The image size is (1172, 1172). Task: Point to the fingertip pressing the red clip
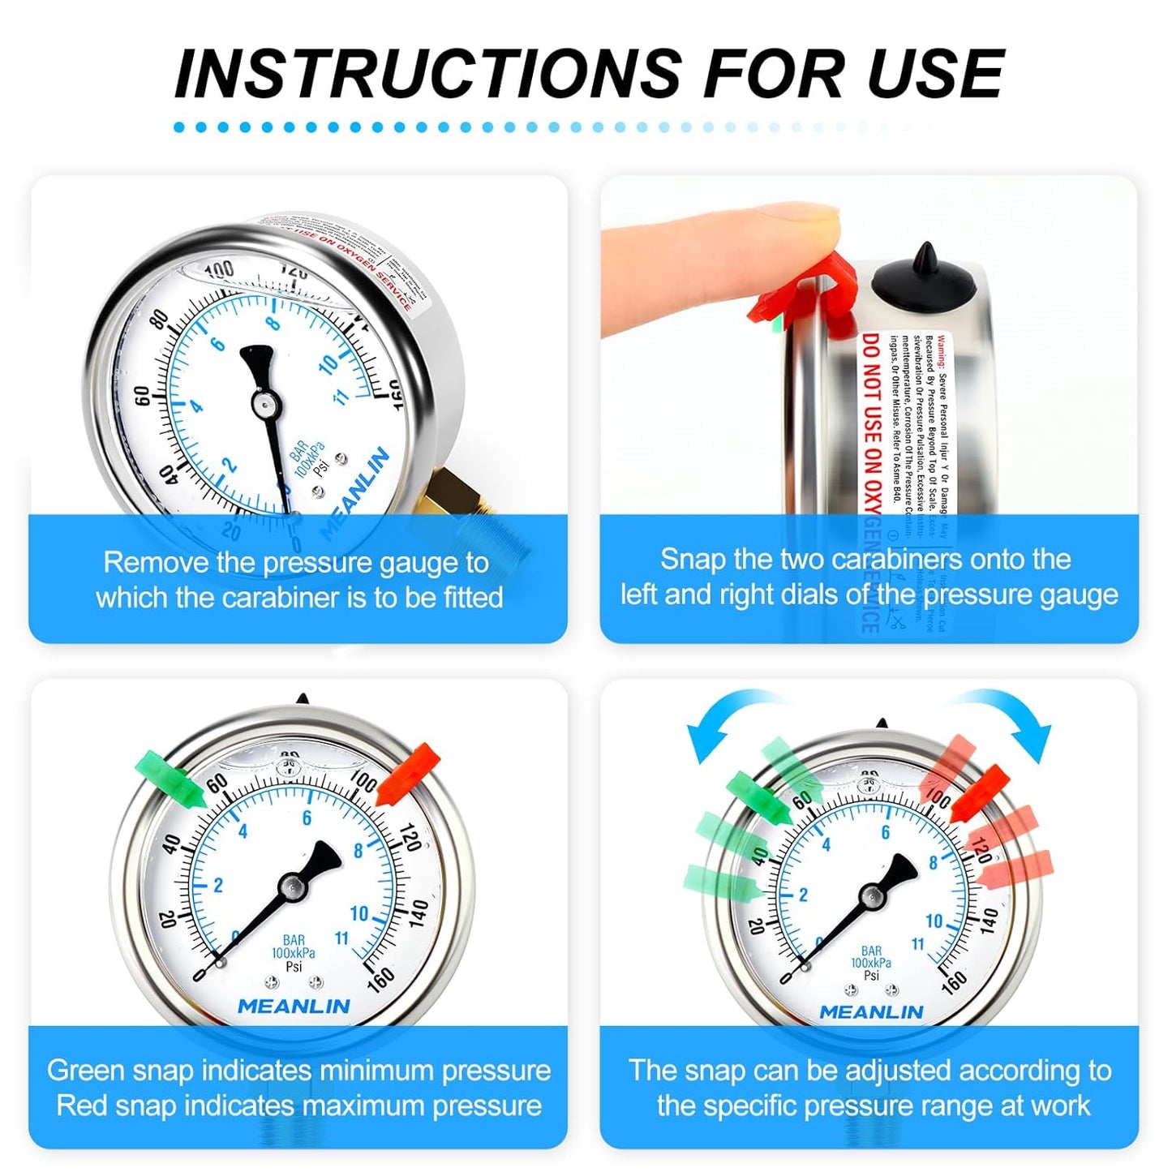point(803,227)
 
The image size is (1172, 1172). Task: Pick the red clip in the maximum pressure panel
point(409,775)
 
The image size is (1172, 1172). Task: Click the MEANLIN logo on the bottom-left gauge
point(294,1007)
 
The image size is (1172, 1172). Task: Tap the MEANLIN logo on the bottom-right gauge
point(871,1012)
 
